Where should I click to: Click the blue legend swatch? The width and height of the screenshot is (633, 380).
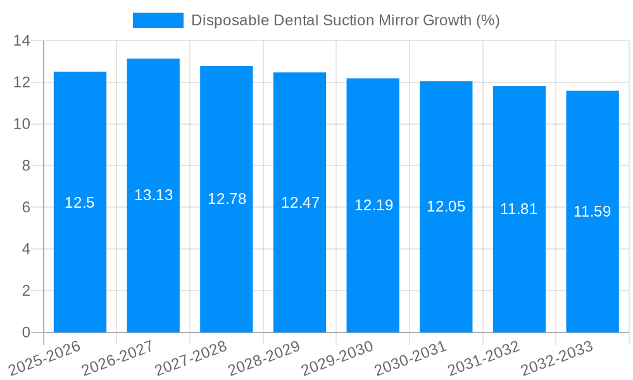(158, 20)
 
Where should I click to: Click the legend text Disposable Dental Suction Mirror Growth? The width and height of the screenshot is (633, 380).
(345, 20)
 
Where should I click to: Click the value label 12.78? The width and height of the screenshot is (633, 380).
(227, 199)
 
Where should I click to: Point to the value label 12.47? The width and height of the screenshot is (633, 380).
(300, 203)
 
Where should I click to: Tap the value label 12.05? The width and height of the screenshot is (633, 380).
(446, 206)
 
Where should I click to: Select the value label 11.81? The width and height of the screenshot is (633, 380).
(518, 209)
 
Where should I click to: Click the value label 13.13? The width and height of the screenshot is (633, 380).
(153, 195)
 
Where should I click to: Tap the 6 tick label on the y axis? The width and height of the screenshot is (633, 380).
(26, 208)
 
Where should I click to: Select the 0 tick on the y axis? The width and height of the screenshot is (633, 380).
(26, 332)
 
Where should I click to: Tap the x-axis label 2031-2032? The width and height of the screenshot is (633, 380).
(484, 358)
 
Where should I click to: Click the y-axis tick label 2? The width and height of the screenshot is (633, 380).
(26, 291)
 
